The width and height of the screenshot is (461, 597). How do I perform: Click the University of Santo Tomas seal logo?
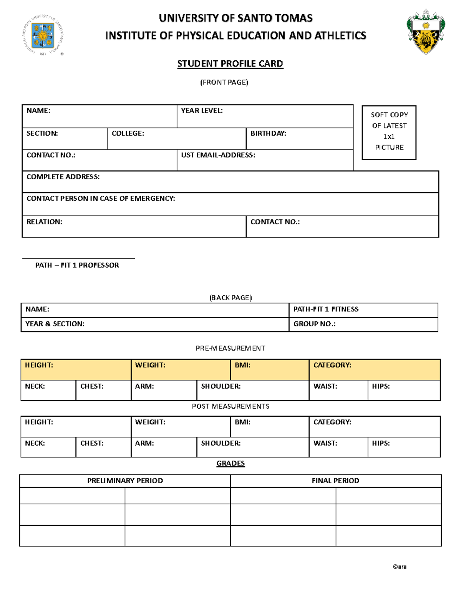click(43, 35)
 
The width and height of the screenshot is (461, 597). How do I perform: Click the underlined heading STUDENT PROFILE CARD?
click(230, 64)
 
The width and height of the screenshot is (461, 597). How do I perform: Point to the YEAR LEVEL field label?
click(202, 111)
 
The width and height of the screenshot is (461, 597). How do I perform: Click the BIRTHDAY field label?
click(268, 133)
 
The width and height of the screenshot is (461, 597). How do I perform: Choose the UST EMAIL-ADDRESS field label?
click(218, 155)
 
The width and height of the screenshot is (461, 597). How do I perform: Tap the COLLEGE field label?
click(128, 133)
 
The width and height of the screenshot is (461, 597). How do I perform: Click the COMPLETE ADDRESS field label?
click(63, 177)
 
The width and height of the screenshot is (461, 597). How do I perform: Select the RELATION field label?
click(44, 222)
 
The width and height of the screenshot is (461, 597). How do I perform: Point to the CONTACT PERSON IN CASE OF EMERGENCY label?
click(101, 198)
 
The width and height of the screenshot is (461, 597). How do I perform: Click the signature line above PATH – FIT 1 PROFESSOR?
click(78, 258)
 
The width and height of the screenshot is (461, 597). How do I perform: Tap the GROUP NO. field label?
click(314, 324)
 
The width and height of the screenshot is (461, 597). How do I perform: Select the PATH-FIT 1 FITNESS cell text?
click(326, 309)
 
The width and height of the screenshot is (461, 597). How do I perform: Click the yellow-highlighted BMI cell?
click(270, 369)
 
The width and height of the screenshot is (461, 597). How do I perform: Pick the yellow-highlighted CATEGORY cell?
click(374, 369)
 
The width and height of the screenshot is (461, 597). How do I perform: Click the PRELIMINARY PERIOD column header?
click(125, 481)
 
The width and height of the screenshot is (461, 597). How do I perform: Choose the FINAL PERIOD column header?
click(335, 481)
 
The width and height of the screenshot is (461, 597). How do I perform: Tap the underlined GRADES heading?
click(230, 463)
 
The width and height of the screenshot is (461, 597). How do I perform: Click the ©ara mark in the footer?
click(400, 567)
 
